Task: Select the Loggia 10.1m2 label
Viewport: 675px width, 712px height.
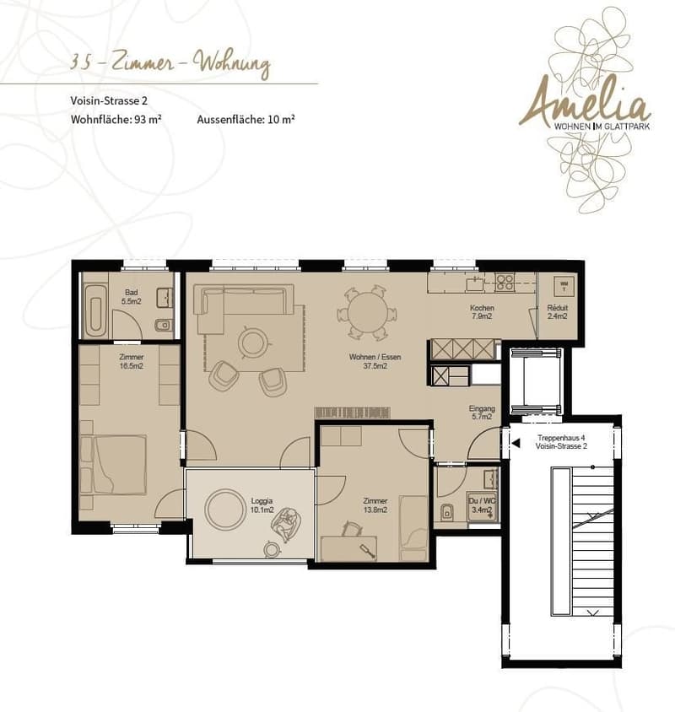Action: click(262, 505)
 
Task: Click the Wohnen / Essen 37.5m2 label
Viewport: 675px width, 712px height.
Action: click(375, 361)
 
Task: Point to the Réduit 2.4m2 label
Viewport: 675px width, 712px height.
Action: click(558, 311)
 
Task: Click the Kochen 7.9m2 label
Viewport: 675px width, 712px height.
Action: click(482, 311)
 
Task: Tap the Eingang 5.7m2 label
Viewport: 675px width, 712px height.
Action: click(482, 413)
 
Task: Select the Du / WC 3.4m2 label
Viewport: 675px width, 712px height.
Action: click(482, 505)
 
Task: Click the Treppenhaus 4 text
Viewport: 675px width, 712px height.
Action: click(561, 438)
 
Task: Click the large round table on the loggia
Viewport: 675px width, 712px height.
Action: click(225, 509)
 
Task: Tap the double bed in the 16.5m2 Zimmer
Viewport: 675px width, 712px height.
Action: click(114, 464)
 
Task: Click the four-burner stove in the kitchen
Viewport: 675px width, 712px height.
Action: click(505, 282)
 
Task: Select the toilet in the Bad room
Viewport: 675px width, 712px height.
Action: click(163, 325)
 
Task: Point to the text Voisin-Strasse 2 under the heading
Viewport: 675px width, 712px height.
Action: click(109, 100)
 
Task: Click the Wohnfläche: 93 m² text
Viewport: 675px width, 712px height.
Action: click(116, 120)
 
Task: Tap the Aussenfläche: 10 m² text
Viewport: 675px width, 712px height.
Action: click(246, 120)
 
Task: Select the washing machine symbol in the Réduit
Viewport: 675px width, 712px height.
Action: click(564, 286)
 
